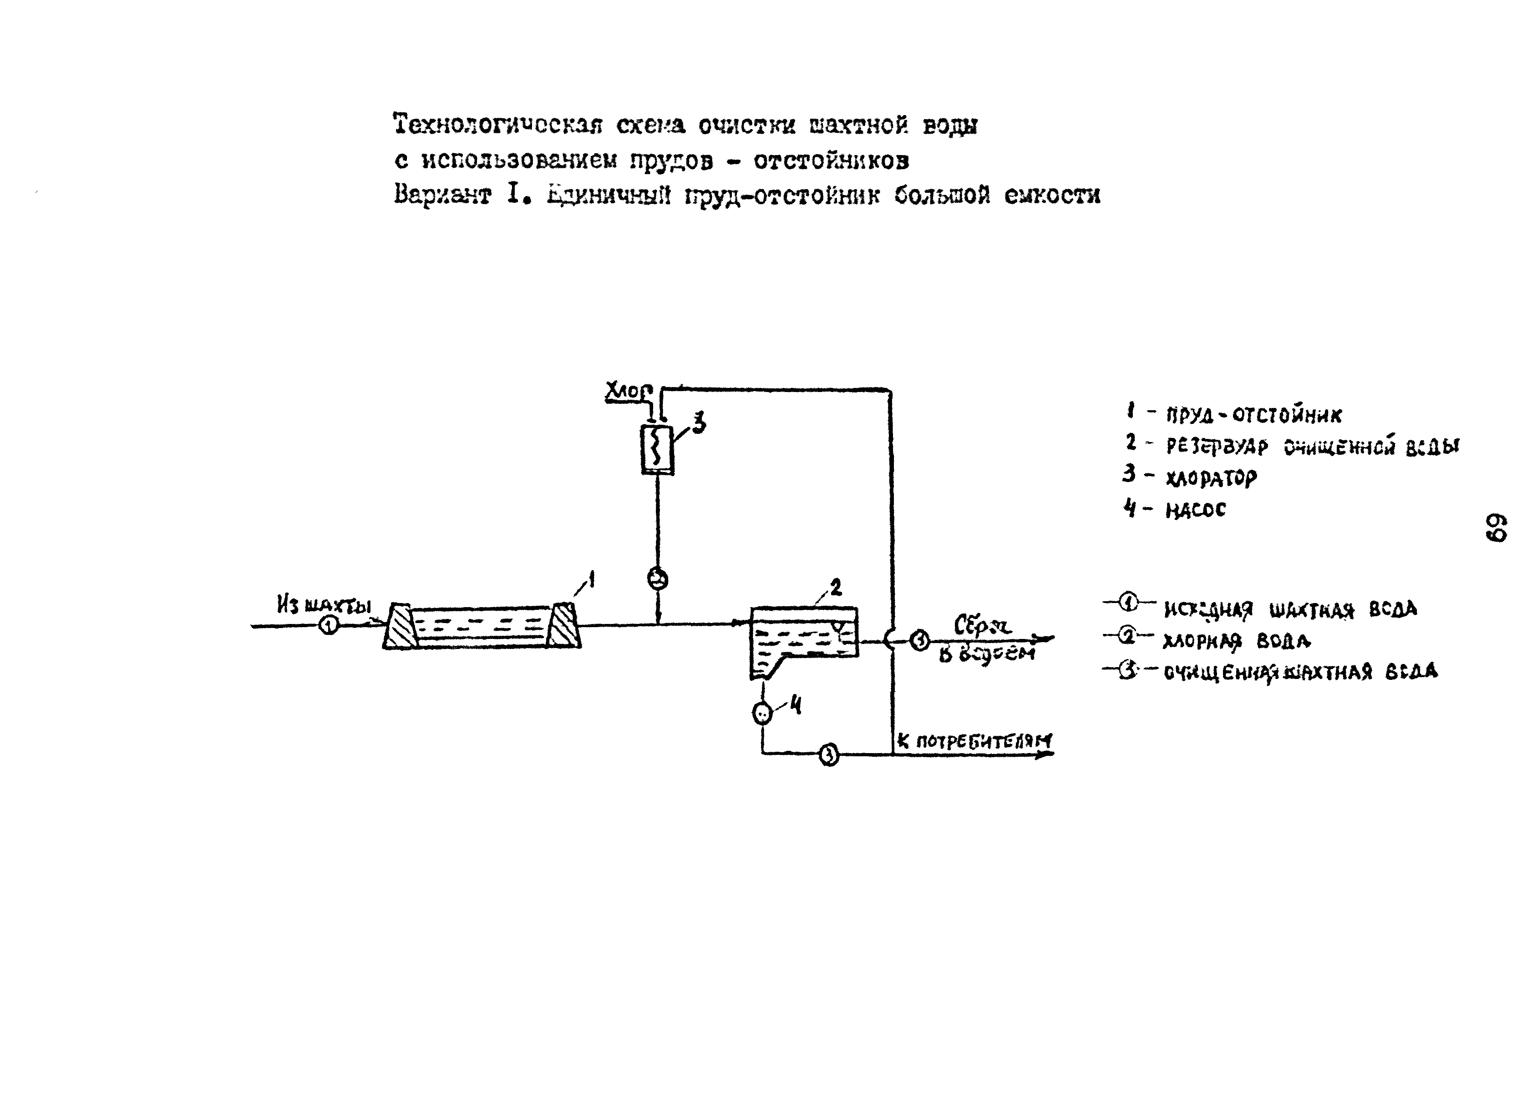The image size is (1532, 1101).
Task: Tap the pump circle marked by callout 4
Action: click(x=762, y=713)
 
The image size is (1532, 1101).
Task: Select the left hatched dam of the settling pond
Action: click(x=401, y=626)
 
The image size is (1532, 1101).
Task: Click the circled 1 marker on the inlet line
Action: click(x=328, y=626)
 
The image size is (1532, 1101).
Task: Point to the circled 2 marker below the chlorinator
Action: click(x=658, y=578)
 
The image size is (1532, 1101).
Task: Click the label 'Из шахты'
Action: click(x=324, y=604)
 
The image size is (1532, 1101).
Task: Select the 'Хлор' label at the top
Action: click(x=628, y=392)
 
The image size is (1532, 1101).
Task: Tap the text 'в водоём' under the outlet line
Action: click(x=986, y=653)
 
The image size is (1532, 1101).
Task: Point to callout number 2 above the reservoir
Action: click(x=836, y=588)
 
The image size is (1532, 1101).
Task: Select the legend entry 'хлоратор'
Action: click(x=1211, y=478)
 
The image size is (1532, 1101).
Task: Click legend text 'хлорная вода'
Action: click(x=1236, y=641)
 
